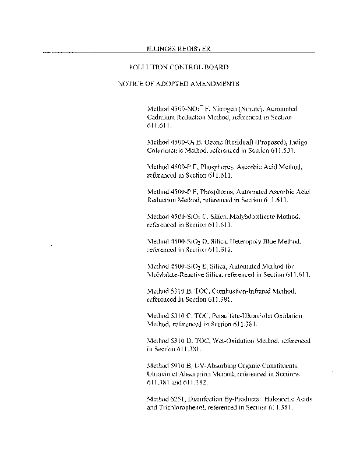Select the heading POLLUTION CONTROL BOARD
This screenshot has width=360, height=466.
pyautogui.click(x=179, y=68)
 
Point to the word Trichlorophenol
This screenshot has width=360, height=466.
pyautogui.click(x=184, y=407)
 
